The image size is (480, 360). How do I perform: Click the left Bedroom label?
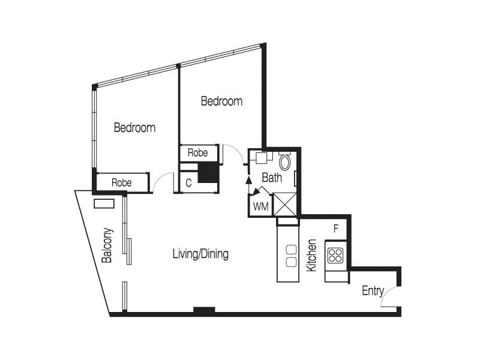[x=135, y=128]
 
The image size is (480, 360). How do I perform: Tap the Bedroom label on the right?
[x=221, y=101]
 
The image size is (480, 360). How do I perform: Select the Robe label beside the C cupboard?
[x=197, y=153]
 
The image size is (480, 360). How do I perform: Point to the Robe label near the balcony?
[x=121, y=182]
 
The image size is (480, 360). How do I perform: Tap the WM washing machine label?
[x=261, y=206]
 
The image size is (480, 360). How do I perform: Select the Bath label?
[x=272, y=178]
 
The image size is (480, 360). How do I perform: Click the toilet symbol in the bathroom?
[x=286, y=162]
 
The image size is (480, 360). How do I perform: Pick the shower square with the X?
[x=284, y=203]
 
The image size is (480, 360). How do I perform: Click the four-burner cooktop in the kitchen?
[x=335, y=256]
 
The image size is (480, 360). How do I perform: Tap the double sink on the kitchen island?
[x=292, y=255]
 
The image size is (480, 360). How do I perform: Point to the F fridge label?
[x=336, y=228]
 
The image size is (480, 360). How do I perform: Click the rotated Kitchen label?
[x=311, y=256]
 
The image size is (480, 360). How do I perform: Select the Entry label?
[x=373, y=291]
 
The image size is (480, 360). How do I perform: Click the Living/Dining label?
[x=200, y=254]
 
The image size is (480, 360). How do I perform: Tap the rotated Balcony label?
[x=107, y=245]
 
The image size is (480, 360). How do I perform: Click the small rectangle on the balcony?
[x=104, y=203]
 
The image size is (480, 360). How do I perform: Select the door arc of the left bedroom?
[x=162, y=182]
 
